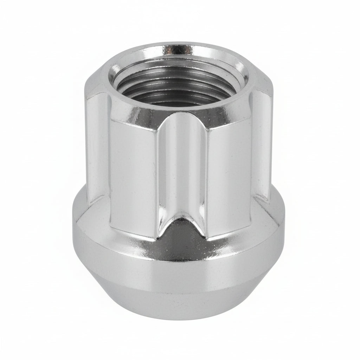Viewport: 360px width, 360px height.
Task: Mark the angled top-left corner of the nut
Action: (97, 76)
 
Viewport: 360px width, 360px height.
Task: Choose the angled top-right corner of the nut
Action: (264, 76)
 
